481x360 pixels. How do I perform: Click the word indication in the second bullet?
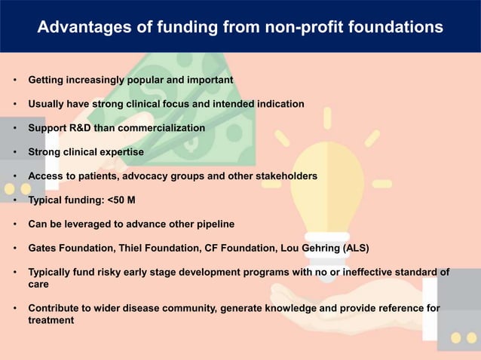click(x=279, y=104)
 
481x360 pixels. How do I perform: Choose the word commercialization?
click(x=158, y=128)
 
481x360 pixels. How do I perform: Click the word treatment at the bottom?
click(x=51, y=321)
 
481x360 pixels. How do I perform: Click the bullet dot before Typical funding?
click(x=15, y=201)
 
